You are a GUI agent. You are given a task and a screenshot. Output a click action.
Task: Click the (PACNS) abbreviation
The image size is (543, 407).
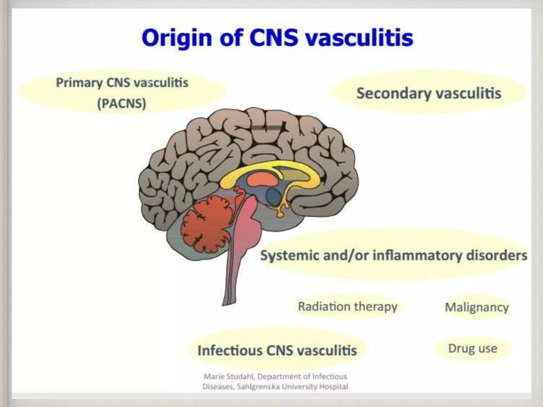click(122, 103)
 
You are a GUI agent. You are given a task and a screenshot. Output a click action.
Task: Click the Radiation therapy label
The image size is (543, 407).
click(347, 307)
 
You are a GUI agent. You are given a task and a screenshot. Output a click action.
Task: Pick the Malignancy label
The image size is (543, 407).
click(477, 307)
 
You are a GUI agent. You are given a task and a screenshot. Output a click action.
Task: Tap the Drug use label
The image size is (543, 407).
click(472, 348)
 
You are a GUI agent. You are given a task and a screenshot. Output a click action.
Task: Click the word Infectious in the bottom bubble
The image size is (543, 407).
click(230, 350)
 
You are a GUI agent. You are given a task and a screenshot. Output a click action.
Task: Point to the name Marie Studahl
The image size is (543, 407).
click(229, 377)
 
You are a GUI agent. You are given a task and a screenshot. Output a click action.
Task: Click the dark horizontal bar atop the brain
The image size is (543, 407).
click(266, 128)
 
